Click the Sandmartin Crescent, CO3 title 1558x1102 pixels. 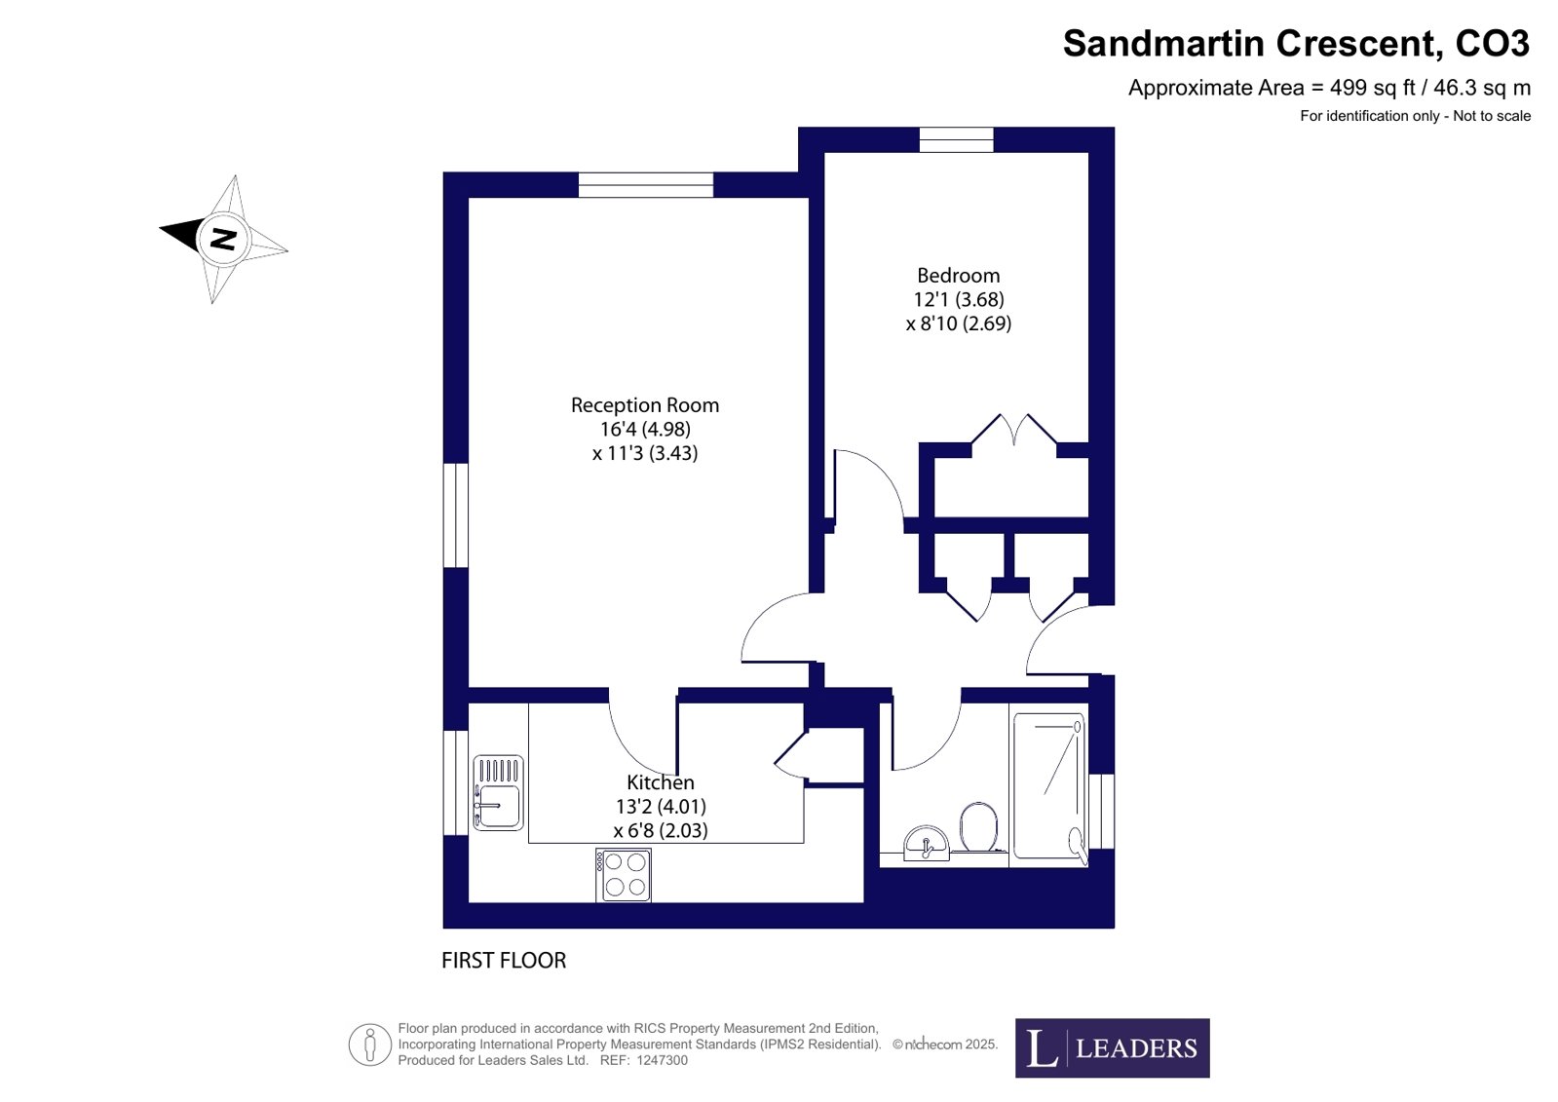(1296, 43)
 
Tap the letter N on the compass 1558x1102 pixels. (223, 239)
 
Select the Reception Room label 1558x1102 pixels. (645, 405)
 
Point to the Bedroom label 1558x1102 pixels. (959, 276)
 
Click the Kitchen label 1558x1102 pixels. (660, 782)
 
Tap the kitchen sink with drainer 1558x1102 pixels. (498, 792)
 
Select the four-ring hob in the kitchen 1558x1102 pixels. (624, 875)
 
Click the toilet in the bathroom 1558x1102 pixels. (978, 826)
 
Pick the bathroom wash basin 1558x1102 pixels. (927, 843)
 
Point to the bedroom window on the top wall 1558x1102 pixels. (957, 139)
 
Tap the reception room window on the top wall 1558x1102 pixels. (646, 185)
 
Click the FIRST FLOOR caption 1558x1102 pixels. (504, 960)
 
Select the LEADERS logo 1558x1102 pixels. (1112, 1047)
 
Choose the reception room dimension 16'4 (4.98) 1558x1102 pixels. (645, 430)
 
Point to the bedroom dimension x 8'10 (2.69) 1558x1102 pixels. (959, 323)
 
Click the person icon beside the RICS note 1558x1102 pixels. (370, 1045)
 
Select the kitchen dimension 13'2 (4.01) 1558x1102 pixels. (660, 807)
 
